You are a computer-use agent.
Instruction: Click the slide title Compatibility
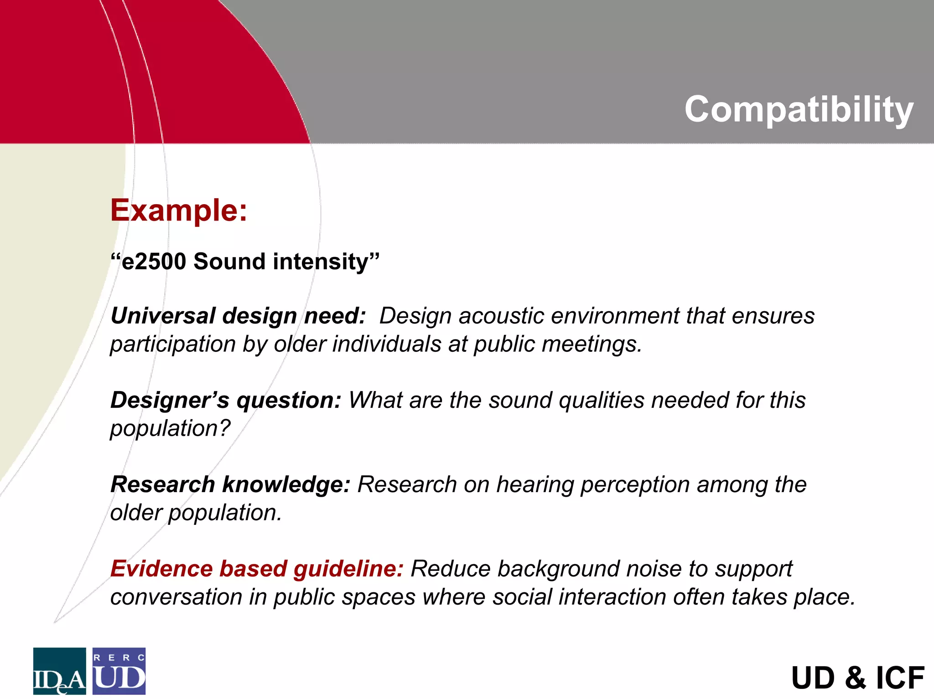tap(799, 109)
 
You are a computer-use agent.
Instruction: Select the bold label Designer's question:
tap(226, 400)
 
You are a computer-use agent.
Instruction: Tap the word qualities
tap(602, 400)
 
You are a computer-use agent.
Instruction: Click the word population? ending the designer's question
tap(170, 429)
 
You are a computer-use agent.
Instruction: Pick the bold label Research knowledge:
tap(230, 484)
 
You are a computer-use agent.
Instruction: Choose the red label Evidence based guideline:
tap(257, 569)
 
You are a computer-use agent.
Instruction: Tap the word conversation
tap(176, 597)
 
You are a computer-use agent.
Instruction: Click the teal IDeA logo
tap(59, 671)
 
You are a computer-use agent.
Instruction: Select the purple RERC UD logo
tap(119, 671)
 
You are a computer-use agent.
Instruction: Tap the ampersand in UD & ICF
tap(856, 678)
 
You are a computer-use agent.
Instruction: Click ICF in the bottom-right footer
tap(900, 678)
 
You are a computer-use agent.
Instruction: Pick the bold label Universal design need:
tap(238, 316)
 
